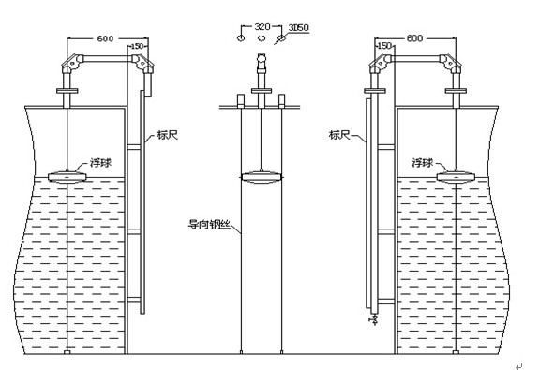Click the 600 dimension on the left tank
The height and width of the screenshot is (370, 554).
point(105,38)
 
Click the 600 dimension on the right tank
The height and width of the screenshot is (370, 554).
point(414,37)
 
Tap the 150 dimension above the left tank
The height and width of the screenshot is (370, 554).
point(137,46)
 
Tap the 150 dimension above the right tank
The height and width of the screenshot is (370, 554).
point(384,46)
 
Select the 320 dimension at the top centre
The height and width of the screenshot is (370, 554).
point(262,26)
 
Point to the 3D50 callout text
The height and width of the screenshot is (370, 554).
point(298,27)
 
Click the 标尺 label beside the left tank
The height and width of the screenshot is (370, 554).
point(167,135)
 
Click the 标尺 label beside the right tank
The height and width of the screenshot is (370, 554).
point(339,135)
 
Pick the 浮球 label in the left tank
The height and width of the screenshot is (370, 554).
point(100,163)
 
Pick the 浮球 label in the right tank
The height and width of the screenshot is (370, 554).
point(422,163)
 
